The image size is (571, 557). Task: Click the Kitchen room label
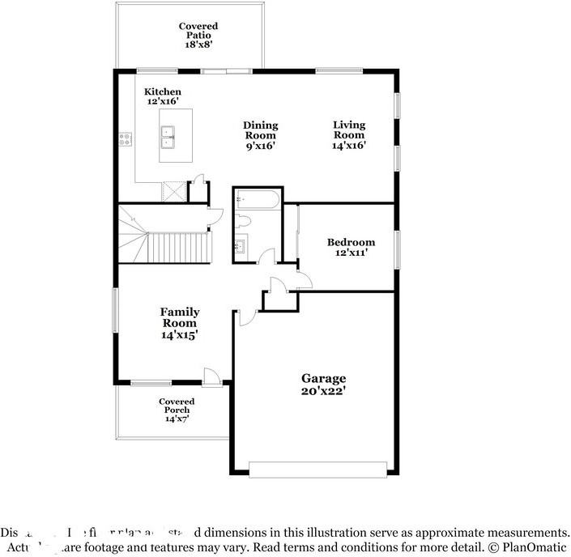coord(162,92)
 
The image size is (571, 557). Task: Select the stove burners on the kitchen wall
coord(126,138)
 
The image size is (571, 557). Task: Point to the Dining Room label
coord(260,125)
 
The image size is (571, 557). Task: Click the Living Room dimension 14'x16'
coord(349,146)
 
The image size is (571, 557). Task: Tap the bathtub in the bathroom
coord(258,200)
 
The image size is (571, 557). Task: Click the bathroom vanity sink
coord(242,244)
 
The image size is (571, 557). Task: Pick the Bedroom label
coord(351,242)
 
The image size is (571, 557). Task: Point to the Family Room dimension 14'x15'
coord(179,334)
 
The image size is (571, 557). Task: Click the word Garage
coord(323,378)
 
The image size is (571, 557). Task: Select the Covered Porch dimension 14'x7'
coord(176,419)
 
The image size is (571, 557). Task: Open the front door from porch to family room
coord(212,378)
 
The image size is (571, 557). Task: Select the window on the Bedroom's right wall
coord(397,248)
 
